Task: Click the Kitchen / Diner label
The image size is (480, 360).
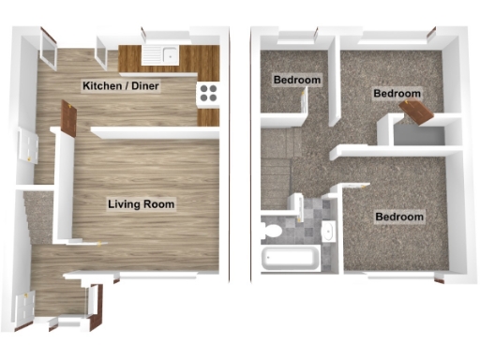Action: [120, 86]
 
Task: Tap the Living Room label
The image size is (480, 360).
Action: [141, 203]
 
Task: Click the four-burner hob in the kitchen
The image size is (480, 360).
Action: [208, 93]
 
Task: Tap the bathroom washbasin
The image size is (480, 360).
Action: [327, 231]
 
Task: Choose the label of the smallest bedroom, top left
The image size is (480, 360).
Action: [297, 81]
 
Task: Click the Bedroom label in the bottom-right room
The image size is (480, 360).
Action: [399, 217]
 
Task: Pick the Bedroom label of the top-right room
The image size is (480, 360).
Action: [397, 94]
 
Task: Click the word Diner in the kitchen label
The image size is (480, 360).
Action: [144, 86]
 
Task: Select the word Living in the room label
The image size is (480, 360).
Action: [123, 203]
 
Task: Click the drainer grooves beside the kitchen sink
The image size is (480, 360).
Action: [151, 54]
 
